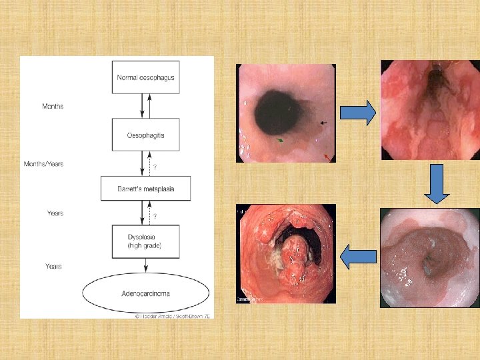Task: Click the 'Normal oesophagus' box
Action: tap(146, 77)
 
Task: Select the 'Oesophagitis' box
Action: tap(146, 135)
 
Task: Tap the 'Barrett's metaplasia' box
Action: tap(146, 189)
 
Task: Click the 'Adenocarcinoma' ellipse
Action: tap(146, 293)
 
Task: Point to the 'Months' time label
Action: tap(53, 106)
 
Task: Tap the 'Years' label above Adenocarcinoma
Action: tap(53, 266)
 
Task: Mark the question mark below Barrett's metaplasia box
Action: tap(155, 217)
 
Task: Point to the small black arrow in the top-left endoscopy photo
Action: tap(324, 123)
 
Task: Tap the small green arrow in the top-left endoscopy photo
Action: tap(281, 140)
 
